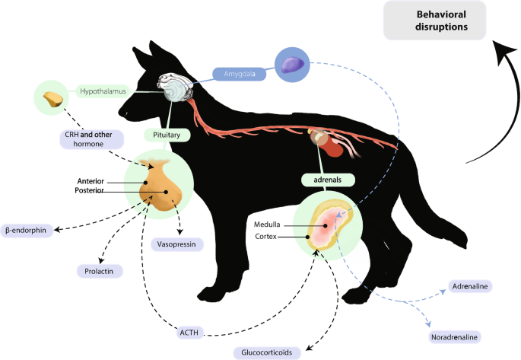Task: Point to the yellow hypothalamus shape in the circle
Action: pos(52,99)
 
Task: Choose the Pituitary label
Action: pos(167,134)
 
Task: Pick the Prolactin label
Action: pos(99,270)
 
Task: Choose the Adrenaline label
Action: pos(470,287)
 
